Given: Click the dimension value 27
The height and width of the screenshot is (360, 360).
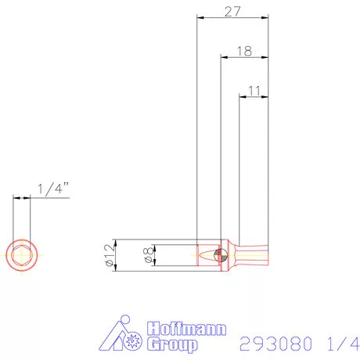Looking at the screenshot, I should tap(232, 11).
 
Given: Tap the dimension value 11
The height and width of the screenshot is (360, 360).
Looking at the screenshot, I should tap(254, 91).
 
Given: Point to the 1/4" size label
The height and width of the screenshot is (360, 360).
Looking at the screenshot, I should tap(53, 189).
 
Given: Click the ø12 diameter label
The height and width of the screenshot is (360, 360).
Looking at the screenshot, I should tap(109, 254).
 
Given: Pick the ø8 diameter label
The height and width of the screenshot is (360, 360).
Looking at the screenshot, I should tap(147, 255).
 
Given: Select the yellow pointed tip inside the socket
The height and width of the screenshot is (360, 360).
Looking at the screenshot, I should tap(208, 255).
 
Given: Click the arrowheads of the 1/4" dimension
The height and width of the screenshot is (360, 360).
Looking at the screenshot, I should tap(21, 199).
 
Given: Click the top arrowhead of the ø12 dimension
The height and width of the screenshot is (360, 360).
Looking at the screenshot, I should tap(116, 240).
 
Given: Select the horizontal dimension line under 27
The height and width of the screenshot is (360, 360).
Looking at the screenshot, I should tap(232, 18).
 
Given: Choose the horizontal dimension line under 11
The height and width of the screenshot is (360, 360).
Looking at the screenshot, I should tap(254, 98).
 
